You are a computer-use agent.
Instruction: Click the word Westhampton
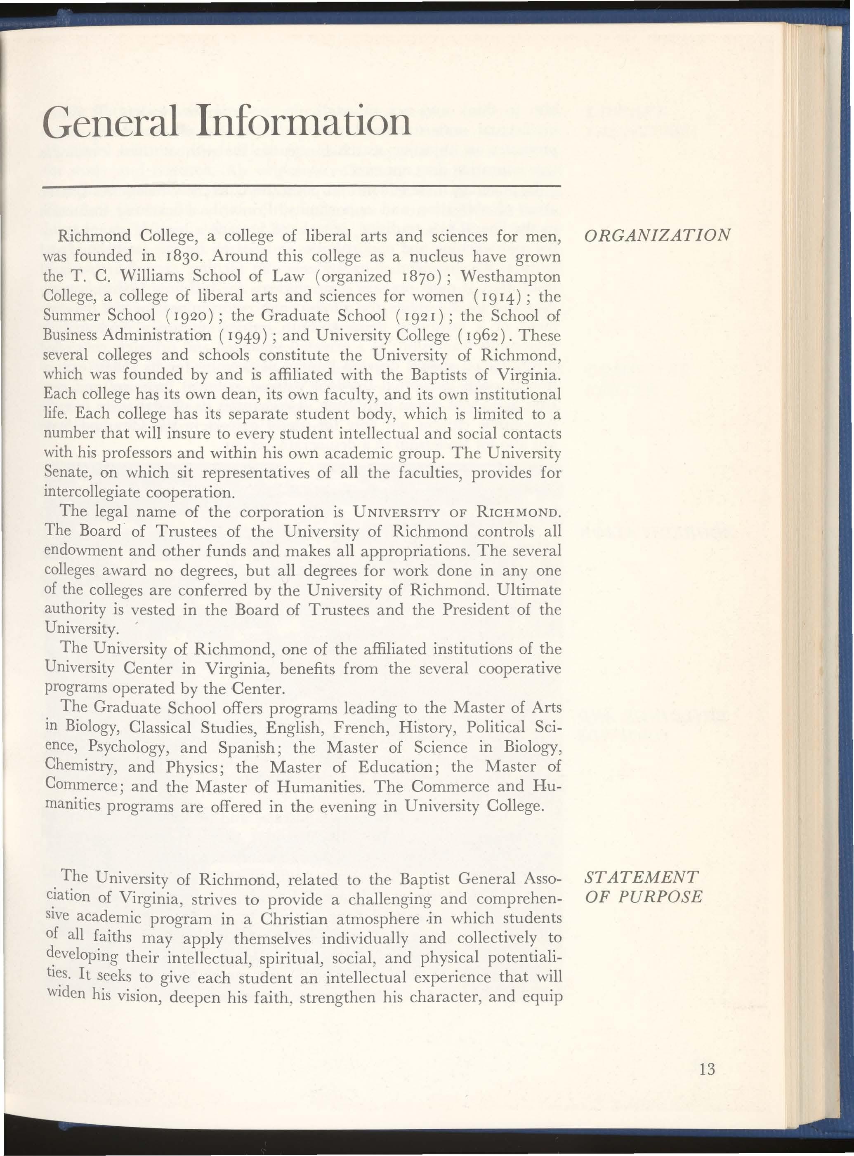(510, 276)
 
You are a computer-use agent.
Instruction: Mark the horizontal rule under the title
(302, 185)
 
